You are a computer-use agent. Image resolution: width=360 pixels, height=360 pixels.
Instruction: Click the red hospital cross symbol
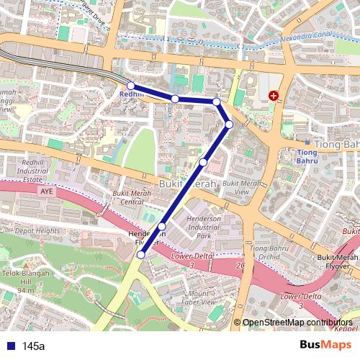[274, 95]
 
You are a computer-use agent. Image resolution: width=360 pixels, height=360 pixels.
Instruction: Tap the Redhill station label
[131, 94]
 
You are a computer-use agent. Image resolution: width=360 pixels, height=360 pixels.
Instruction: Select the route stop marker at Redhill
[130, 86]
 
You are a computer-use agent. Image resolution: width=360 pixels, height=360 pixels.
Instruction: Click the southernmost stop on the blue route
[140, 254]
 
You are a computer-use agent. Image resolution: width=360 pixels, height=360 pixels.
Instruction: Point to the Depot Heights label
[37, 230]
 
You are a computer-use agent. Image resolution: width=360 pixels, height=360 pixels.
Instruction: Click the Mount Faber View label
[201, 298]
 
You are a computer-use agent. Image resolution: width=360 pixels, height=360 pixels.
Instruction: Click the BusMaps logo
[326, 345]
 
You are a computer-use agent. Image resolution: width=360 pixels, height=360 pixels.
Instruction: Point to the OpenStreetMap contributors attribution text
[297, 323]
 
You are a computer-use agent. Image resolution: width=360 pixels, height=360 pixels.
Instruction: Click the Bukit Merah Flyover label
[338, 261]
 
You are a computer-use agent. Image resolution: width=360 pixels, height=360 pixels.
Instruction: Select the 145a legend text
[33, 346]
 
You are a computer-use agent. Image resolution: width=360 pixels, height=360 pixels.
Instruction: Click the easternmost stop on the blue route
[229, 125]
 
